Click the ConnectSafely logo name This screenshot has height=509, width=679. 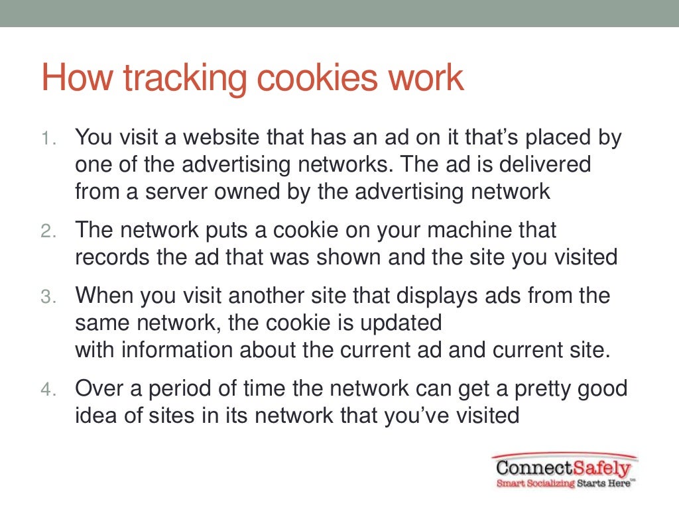[x=564, y=468]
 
